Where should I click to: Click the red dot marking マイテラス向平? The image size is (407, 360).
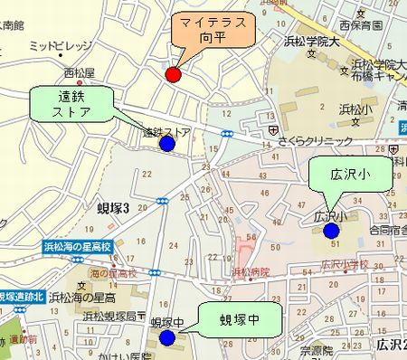[174, 74]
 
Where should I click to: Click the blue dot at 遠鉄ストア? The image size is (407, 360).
[167, 144]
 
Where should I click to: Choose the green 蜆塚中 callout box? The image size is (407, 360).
[240, 319]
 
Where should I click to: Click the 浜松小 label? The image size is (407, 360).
[355, 108]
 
